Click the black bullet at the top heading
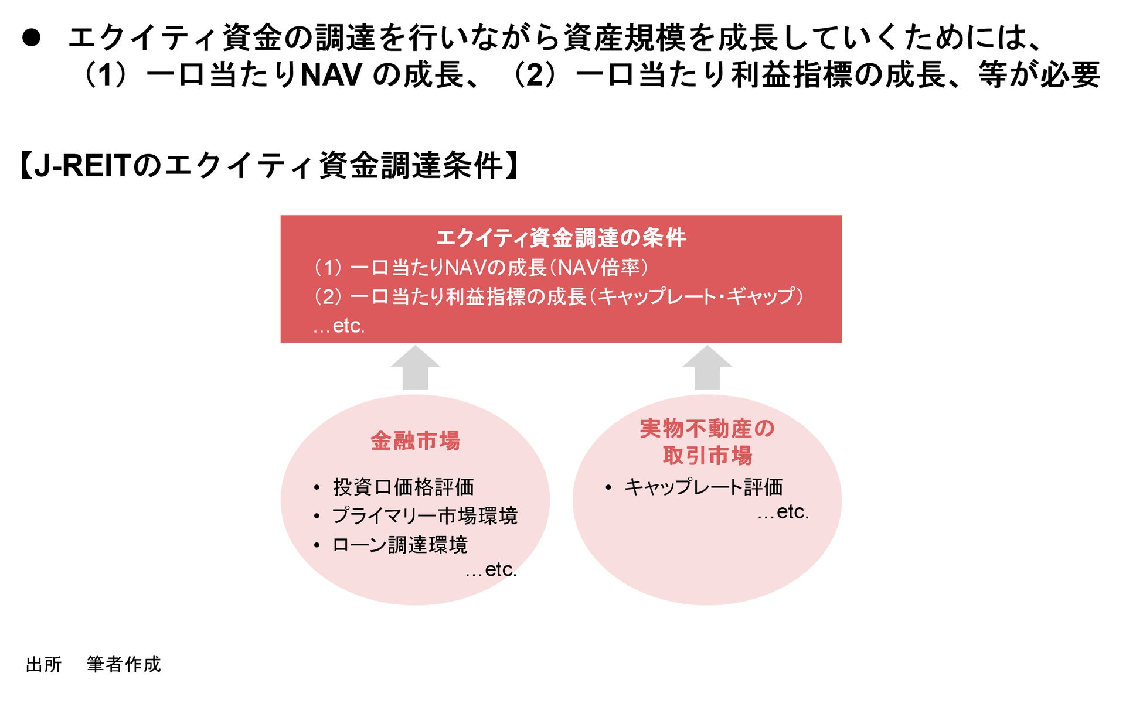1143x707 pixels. pos(31,38)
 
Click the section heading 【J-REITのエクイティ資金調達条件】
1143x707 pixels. pos(269,165)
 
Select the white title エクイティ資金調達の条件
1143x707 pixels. pos(561,238)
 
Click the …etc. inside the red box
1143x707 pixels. pos(339,326)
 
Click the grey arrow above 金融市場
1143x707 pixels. pos(415,367)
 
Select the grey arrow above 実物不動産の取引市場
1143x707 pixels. pos(707,367)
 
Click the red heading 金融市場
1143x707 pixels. pos(415,441)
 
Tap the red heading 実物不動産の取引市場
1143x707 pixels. pos(707,442)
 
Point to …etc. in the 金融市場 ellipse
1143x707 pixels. pos(491,569)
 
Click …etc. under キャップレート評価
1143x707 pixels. pos(783,512)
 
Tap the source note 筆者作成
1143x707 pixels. pos(124,664)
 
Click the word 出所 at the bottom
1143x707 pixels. pos(44,664)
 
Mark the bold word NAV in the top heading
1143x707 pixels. pos(331,75)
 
